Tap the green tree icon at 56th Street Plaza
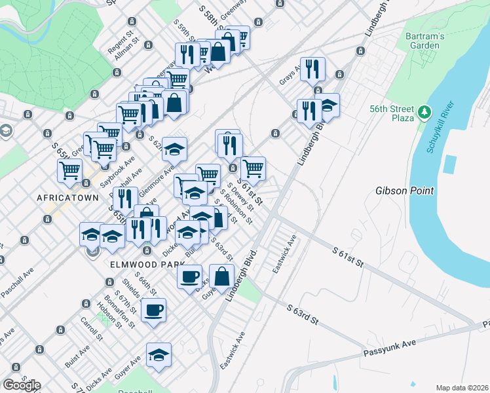pos(425,113)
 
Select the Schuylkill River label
pos(441,127)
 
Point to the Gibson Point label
pos(404,191)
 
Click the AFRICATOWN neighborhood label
pos(67,198)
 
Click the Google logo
pos(22,384)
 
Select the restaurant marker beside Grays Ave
pos(312,69)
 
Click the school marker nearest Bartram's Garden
pos(327,105)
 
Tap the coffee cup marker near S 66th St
pos(153,310)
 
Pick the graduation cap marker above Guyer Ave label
pos(159,356)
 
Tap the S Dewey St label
pos(242,195)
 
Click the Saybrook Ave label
pos(121,166)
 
